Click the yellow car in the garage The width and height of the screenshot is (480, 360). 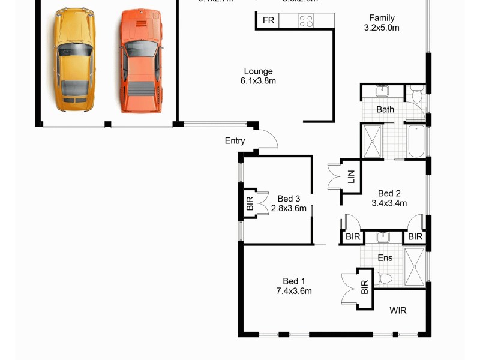74,60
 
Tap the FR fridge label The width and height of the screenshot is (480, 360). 268,20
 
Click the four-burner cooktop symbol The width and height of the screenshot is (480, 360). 306,21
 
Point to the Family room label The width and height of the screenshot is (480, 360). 382,18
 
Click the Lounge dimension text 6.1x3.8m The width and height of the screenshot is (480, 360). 258,81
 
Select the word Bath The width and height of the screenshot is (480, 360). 385,109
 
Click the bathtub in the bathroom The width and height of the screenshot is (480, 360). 415,142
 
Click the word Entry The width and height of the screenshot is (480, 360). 235,141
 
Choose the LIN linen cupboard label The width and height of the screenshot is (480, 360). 351,176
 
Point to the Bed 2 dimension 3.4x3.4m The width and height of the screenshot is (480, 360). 389,203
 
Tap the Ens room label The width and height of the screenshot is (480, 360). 385,258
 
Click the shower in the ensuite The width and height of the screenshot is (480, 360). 414,266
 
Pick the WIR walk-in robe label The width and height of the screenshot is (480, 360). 398,311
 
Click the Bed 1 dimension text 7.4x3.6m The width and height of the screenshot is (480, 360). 294,292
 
